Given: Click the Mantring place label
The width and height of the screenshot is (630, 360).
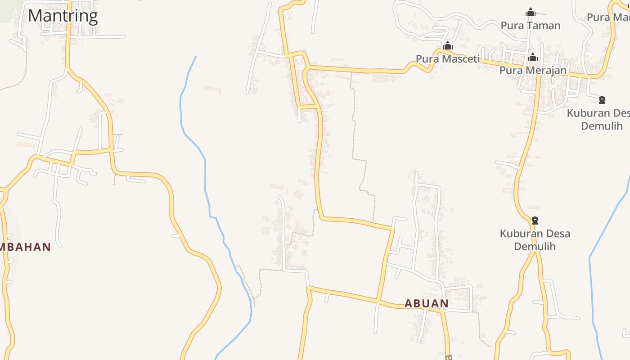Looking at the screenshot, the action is tap(63, 16).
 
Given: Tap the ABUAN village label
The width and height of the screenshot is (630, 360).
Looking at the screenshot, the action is tap(427, 303).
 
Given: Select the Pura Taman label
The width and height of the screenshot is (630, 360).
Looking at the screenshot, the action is tap(531, 26).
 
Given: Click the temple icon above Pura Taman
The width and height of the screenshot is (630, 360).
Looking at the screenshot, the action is tap(531, 12).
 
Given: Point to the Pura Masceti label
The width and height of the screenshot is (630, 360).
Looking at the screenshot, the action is tap(448, 58).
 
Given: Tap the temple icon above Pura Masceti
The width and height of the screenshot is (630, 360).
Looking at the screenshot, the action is tap(447, 45).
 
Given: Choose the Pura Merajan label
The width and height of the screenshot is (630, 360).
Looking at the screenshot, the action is tap(533, 70).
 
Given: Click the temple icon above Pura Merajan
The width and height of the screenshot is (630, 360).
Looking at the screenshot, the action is tap(533, 57).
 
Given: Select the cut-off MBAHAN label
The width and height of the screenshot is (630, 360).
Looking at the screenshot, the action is tap(25, 247).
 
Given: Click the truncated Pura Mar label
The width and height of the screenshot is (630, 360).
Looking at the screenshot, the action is tap(607, 17).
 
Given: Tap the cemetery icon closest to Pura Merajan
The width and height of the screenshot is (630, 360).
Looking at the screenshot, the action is tap(602, 99).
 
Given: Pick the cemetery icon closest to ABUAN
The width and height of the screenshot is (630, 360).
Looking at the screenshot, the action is tap(535, 220).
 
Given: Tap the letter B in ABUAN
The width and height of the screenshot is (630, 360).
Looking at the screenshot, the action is tap(418, 303).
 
